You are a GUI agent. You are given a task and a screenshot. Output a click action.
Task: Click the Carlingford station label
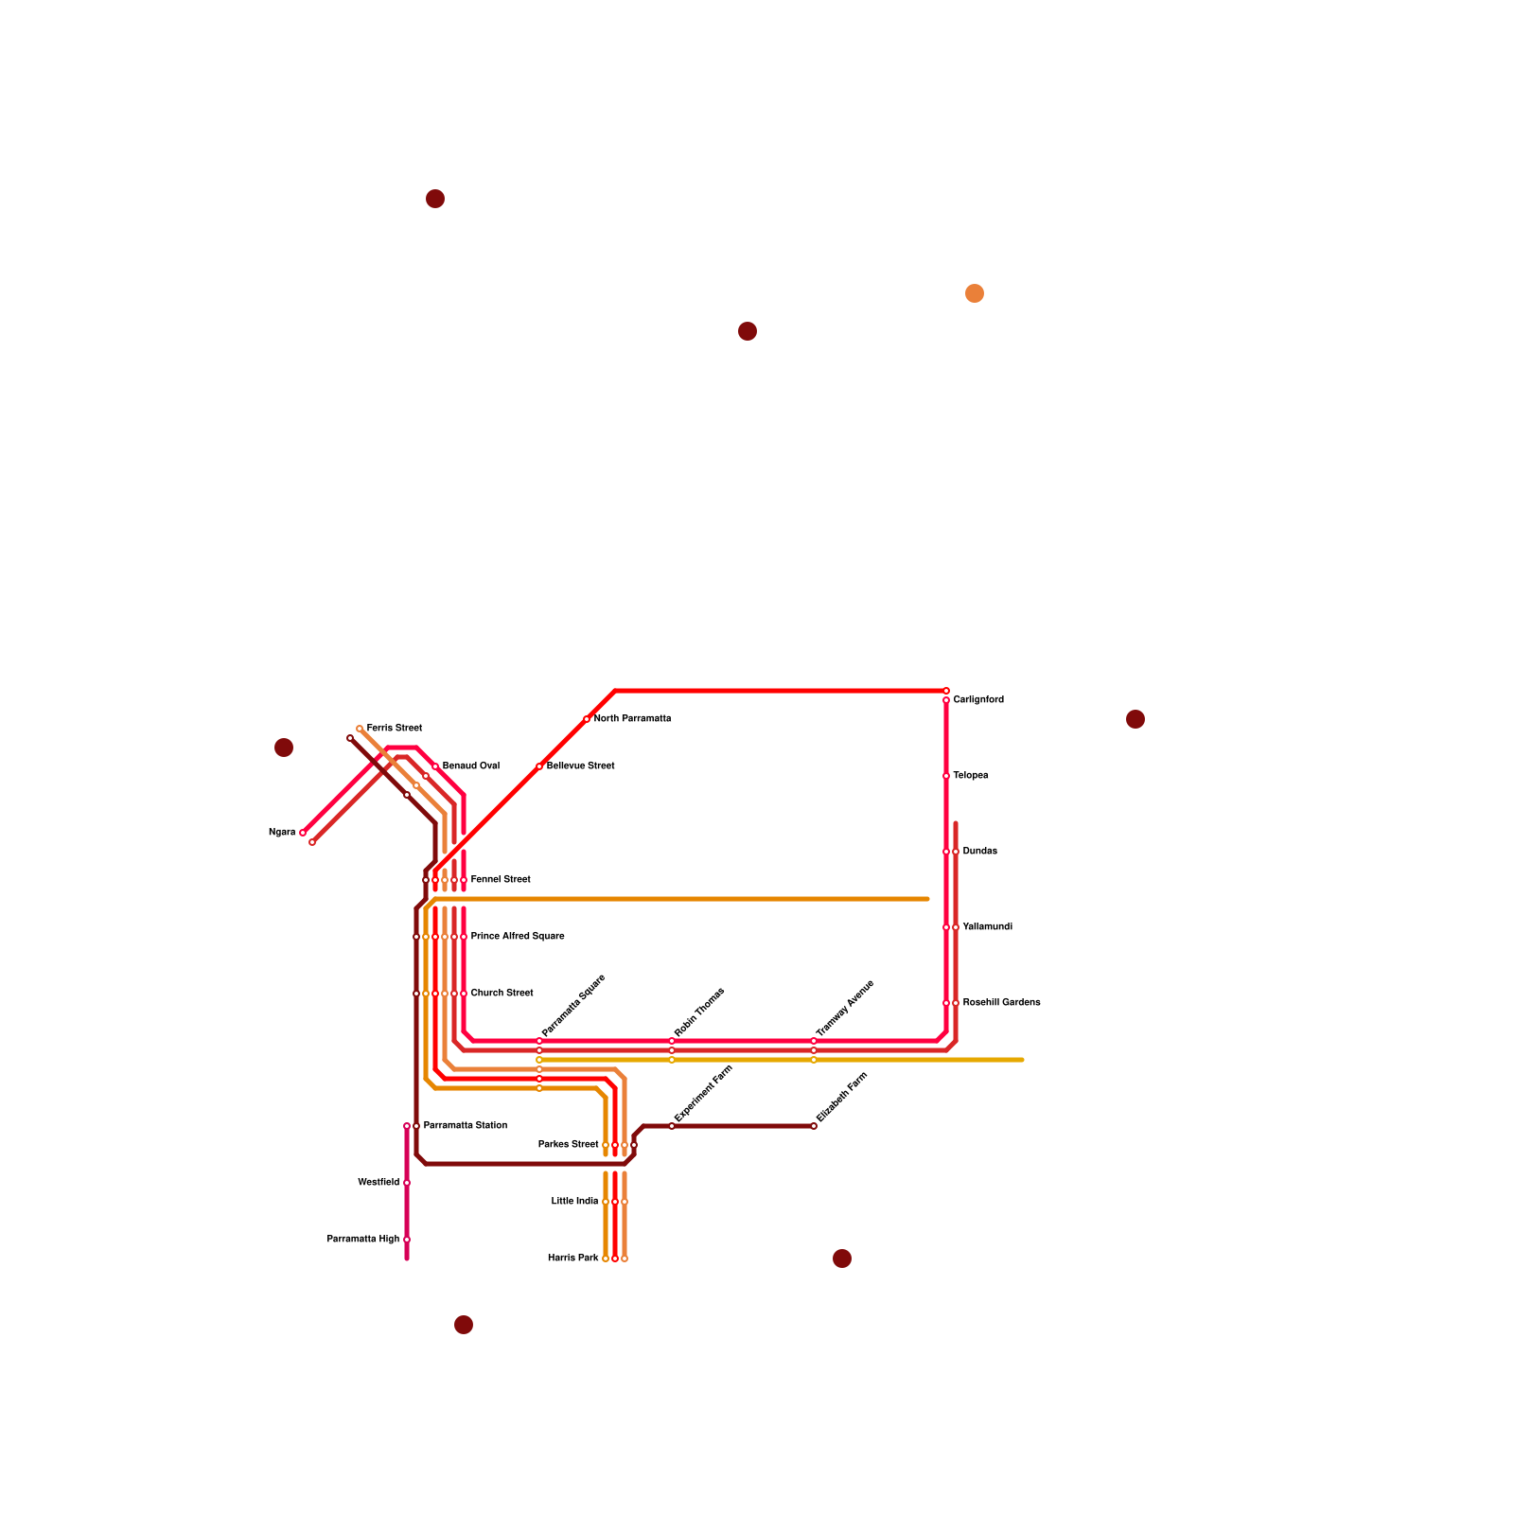[978, 700]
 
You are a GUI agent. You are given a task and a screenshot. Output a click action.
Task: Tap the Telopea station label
[971, 776]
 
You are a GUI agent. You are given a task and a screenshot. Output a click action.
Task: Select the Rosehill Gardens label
[1001, 1003]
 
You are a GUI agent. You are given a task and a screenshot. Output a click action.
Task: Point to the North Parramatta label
[632, 719]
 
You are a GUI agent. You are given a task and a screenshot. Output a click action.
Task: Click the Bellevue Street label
[580, 766]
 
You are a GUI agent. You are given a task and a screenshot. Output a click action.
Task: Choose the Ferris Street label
[394, 729]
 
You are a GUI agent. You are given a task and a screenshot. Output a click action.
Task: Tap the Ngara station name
[282, 833]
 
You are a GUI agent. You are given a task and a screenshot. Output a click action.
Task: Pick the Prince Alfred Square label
[518, 937]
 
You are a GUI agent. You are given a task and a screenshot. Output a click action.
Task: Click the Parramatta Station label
[465, 1126]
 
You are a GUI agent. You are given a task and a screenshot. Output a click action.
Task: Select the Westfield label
[378, 1183]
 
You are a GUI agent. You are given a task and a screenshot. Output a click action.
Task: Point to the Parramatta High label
[363, 1240]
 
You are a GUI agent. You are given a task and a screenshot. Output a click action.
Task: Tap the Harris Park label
[572, 1259]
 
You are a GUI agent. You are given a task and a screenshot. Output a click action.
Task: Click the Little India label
[574, 1202]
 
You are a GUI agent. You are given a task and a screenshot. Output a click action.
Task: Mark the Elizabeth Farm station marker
[814, 1126]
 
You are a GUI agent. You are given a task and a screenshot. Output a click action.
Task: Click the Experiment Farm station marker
[672, 1126]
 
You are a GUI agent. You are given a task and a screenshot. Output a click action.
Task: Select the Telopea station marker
[946, 776]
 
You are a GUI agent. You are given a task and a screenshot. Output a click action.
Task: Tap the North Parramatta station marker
[587, 719]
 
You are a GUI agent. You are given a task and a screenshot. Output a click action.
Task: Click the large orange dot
[975, 293]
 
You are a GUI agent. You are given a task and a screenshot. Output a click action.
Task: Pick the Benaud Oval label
[470, 766]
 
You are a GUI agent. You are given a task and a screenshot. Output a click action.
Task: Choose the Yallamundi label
[987, 927]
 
